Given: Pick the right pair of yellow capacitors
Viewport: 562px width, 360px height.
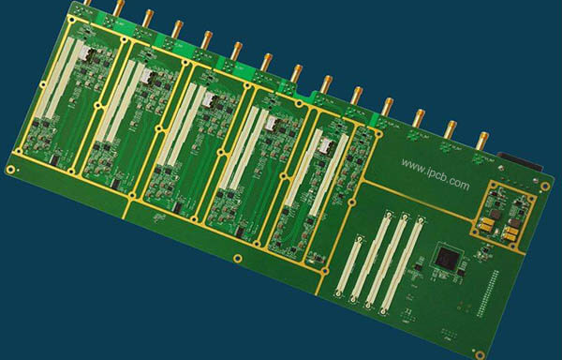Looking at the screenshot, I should [512, 231].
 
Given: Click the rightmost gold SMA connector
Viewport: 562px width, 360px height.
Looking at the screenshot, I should [480, 143].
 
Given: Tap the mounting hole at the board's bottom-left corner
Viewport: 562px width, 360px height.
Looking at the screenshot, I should [10, 170].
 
